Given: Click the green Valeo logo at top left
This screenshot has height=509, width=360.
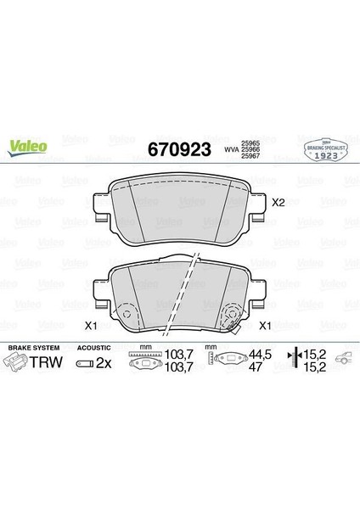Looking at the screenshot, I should (x=28, y=147).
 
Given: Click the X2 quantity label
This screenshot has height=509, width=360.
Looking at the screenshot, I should (x=277, y=203).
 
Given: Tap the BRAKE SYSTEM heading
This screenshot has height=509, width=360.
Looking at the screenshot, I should (x=31, y=347).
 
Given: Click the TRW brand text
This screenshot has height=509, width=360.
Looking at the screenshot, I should (x=43, y=362).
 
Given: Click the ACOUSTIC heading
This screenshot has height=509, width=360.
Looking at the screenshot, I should (x=91, y=347).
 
